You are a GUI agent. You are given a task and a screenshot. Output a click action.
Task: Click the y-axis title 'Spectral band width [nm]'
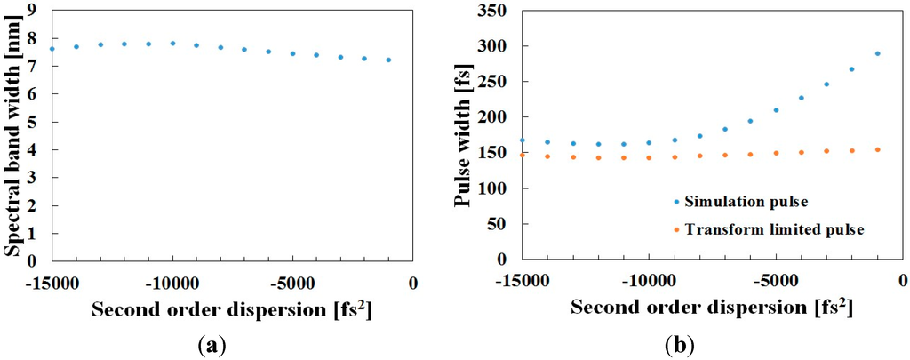tap(12, 134)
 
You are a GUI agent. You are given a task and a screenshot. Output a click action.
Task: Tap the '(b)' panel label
tap(681, 343)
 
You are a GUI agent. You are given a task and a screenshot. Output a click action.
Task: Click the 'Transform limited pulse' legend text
tap(763, 229)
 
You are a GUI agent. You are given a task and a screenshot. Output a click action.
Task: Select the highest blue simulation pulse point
tap(877, 53)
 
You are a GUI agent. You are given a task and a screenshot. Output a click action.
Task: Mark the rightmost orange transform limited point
tap(877, 149)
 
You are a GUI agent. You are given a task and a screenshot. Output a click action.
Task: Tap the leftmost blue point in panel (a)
tap(52, 49)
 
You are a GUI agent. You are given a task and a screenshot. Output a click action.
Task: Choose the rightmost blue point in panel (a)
tap(388, 60)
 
